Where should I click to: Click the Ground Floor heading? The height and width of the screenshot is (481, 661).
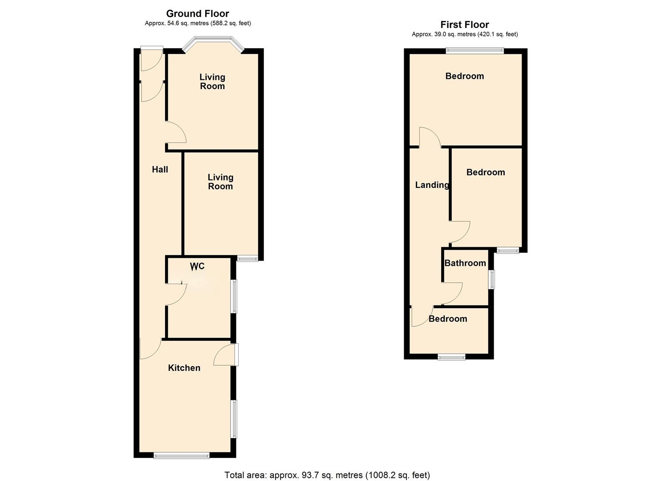click(x=198, y=13)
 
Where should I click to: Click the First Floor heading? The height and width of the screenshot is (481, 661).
click(x=465, y=24)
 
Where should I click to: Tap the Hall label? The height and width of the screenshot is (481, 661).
click(x=160, y=169)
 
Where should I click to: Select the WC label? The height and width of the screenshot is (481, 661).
click(x=197, y=266)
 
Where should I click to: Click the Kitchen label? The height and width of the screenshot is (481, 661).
click(x=184, y=368)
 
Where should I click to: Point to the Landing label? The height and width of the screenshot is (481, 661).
click(x=432, y=185)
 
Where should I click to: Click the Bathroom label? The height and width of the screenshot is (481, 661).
click(x=465, y=263)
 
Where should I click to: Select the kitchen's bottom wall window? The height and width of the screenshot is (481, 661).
click(x=181, y=455)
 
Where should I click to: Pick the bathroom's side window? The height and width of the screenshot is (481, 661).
click(x=491, y=280)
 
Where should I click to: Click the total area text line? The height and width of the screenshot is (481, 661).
click(x=327, y=475)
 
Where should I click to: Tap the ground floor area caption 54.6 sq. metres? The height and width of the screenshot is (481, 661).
click(x=198, y=23)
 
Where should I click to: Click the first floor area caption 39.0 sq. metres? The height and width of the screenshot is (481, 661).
click(x=465, y=34)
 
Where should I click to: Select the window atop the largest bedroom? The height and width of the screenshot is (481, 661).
click(x=475, y=51)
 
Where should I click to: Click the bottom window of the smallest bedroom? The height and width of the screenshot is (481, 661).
click(x=451, y=356)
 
